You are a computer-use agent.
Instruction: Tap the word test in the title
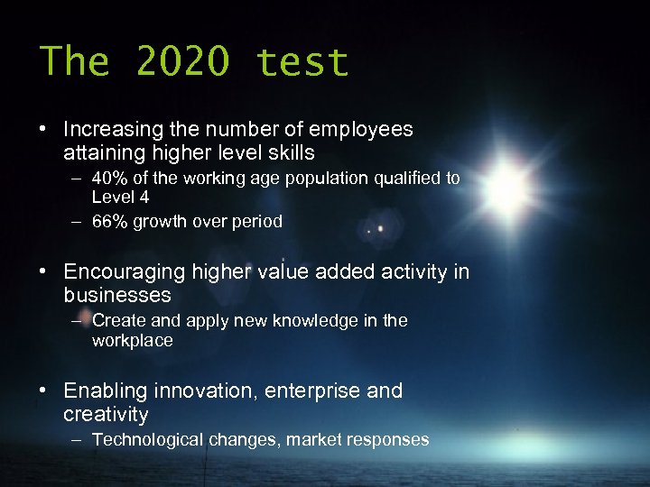point(302,62)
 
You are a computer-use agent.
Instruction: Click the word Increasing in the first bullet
point(112,130)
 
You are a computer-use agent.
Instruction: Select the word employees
point(361,130)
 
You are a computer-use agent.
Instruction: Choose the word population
point(327,179)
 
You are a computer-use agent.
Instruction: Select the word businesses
point(117,296)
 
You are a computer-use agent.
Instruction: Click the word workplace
point(132,341)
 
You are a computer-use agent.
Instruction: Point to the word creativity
point(106,415)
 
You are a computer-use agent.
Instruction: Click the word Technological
point(148,440)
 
